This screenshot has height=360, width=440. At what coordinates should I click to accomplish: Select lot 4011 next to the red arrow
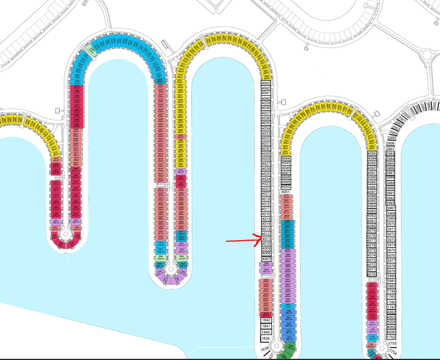point(266,239)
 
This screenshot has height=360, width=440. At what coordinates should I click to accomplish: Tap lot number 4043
point(266,83)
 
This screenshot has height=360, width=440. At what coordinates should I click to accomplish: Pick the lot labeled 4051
point(286,192)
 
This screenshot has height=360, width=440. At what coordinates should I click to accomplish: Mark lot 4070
point(372,274)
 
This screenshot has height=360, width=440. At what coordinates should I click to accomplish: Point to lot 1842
point(266,320)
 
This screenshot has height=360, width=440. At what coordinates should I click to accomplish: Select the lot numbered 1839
point(266,339)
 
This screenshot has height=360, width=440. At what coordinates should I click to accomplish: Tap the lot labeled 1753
point(392,343)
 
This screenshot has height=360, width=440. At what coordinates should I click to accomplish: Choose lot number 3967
point(391,209)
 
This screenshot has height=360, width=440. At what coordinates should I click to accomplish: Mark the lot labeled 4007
point(266,259)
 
